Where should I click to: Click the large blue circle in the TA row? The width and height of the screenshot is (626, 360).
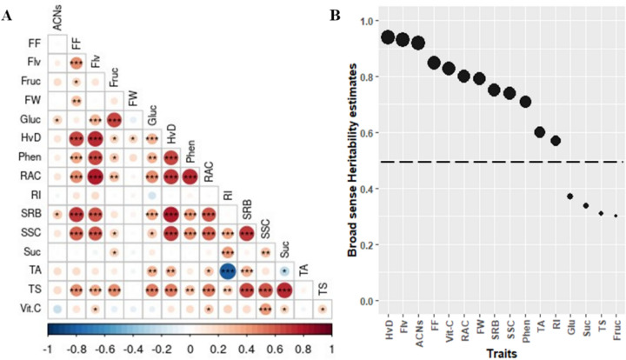[228, 270]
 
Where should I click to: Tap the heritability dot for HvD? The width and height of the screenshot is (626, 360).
[388, 37]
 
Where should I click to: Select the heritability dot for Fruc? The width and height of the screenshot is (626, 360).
[616, 216]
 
